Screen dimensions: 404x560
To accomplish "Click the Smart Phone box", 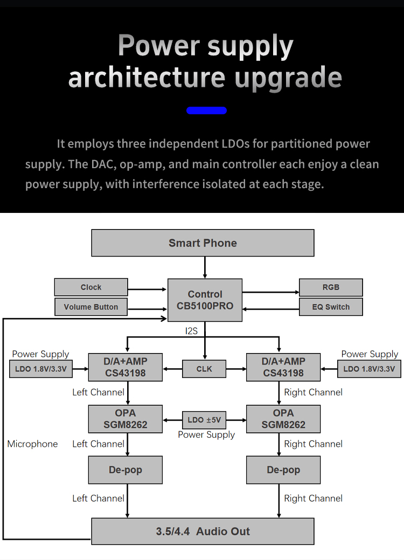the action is [x=203, y=243].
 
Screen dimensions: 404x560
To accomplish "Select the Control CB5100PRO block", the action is [x=205, y=300].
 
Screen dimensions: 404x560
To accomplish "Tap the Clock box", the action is [x=91, y=287].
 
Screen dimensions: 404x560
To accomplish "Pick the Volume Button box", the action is [x=91, y=307].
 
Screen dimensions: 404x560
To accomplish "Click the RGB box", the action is [x=331, y=287].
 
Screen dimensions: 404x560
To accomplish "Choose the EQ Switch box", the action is [x=331, y=307].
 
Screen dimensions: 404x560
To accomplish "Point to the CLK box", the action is [x=204, y=369].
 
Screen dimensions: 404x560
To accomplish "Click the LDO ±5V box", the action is [x=204, y=420].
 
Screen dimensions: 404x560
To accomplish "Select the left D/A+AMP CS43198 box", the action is [x=126, y=367].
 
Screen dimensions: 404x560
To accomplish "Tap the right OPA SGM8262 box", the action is [x=283, y=419].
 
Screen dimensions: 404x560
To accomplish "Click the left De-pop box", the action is [x=126, y=469].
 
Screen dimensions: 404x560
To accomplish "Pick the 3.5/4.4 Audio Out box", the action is [x=203, y=531].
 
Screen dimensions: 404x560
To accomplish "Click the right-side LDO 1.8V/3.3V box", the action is [x=370, y=369].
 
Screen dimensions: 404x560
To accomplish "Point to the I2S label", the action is [x=191, y=331].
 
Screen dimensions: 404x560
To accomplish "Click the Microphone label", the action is [x=32, y=444].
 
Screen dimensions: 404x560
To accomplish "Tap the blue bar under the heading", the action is [x=207, y=110].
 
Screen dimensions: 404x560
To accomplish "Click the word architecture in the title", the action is [x=147, y=78].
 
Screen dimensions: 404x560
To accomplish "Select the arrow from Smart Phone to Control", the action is [x=205, y=267].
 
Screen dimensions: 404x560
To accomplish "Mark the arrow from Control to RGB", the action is [x=271, y=292].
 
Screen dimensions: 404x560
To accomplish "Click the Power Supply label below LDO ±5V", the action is [x=206, y=434].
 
